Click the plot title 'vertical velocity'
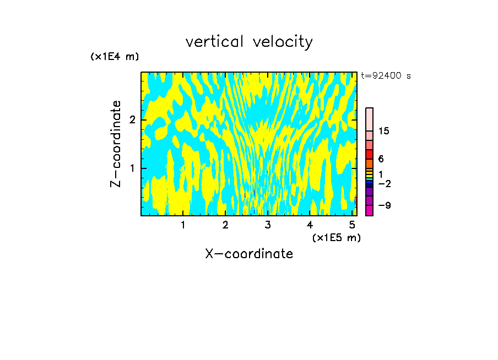pyautogui.click(x=249, y=42)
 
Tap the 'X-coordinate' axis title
pyautogui.click(x=249, y=254)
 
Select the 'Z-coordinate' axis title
pyautogui.click(x=116, y=144)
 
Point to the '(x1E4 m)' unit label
pyautogui.click(x=115, y=57)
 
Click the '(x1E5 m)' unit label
pyautogui.click(x=337, y=237)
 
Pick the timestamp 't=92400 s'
pyautogui.click(x=386, y=76)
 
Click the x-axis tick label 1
pyautogui.click(x=183, y=225)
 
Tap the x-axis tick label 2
pyautogui.click(x=225, y=225)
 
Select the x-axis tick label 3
pyautogui.click(x=268, y=225)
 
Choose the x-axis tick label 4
pyautogui.click(x=310, y=225)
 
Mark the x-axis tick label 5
pyautogui.click(x=352, y=225)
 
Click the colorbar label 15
pyautogui.click(x=384, y=131)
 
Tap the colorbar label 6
pyautogui.click(x=381, y=159)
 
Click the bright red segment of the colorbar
pyautogui.click(x=369, y=154)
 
